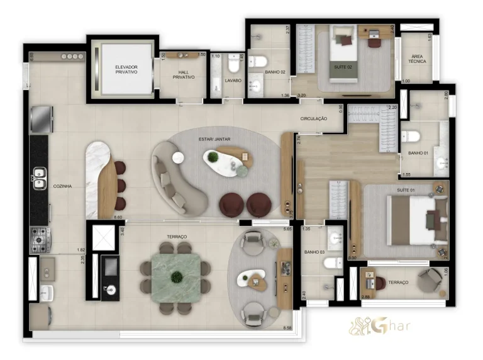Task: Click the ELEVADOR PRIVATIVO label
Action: pos(126,69)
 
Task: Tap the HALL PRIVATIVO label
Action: pos(183,74)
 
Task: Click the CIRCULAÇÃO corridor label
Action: pos(314,118)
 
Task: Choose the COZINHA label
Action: pos(62,186)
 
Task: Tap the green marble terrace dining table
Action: pos(177,276)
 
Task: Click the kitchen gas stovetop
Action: pos(40,240)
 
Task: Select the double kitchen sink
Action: pos(40,179)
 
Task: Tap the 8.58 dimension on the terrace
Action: pos(287,328)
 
